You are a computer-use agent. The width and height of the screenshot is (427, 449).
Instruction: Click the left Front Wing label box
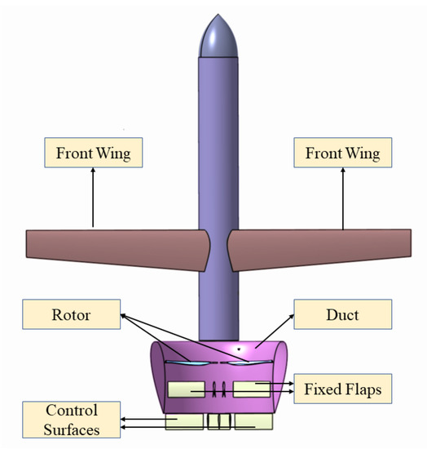(x=93, y=152)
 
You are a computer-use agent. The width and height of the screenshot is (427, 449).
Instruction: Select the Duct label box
(x=343, y=313)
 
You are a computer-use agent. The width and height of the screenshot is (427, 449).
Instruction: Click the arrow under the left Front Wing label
(x=93, y=196)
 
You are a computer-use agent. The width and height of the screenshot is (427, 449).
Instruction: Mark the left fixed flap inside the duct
(x=186, y=389)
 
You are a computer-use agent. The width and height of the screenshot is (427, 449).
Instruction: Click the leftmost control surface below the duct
(x=184, y=421)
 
